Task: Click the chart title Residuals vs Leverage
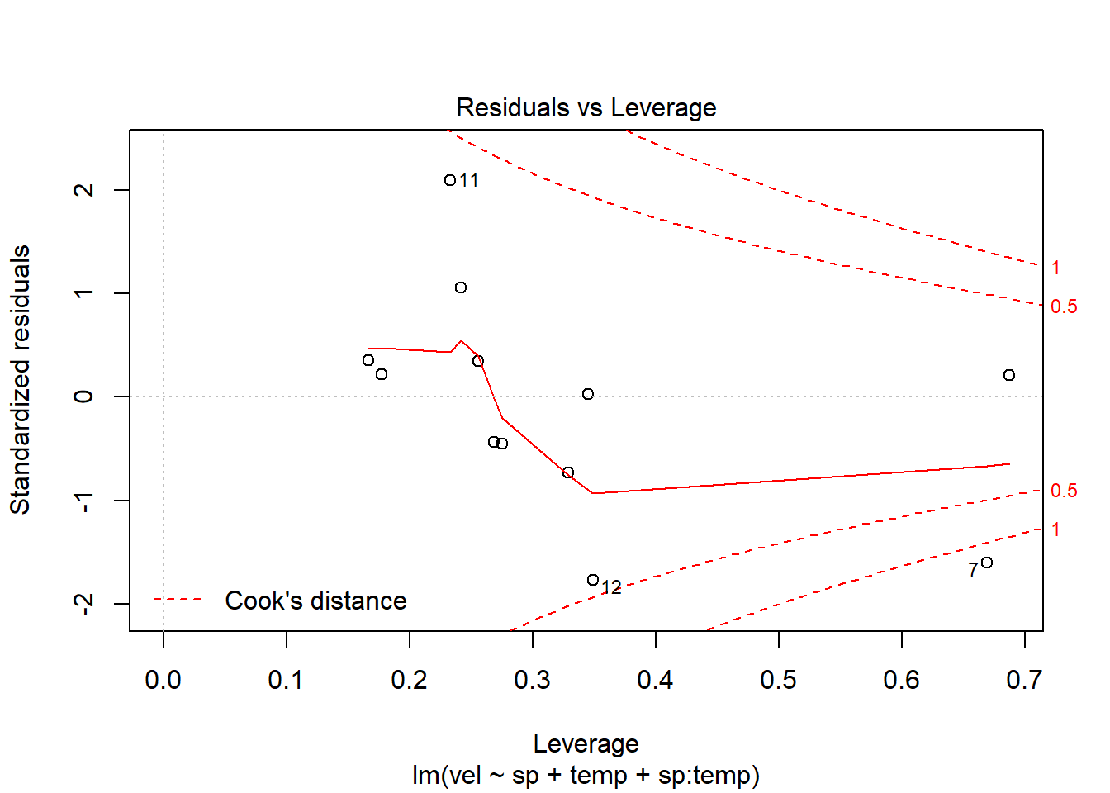pos(586,108)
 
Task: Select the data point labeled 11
pos(450,180)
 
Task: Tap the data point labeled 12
pos(593,580)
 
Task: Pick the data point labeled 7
pos(987,563)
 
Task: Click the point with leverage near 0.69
pos(1009,375)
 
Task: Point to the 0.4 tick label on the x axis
pos(655,680)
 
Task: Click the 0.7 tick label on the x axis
pos(1024,680)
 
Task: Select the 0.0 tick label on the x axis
pos(163,680)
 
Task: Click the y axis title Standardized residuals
pos(21,380)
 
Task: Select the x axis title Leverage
pos(586,743)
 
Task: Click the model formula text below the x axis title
pos(586,776)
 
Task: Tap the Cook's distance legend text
pos(315,601)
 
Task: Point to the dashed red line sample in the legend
pos(178,600)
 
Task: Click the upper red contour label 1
pos(1055,268)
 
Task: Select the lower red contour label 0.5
pos(1064,491)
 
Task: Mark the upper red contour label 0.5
pos(1064,306)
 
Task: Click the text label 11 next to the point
pos(469,180)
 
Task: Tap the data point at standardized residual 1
pos(461,287)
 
